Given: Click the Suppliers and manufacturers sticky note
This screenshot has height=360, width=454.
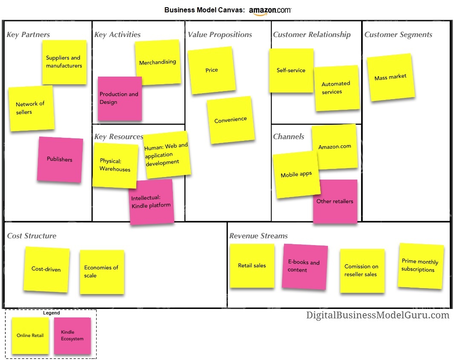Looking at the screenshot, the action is click(x=64, y=62).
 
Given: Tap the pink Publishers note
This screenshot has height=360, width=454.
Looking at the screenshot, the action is click(x=60, y=159).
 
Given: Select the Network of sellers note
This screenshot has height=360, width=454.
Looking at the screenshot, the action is click(x=31, y=108).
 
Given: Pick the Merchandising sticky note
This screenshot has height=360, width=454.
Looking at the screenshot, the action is click(x=158, y=62).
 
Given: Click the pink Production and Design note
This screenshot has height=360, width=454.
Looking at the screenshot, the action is click(x=119, y=98).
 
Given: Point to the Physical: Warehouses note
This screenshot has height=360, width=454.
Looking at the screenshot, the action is click(x=115, y=165).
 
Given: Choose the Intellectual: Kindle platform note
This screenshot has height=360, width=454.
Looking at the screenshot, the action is click(x=151, y=202).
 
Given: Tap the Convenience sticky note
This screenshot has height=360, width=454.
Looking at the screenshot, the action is click(x=230, y=120).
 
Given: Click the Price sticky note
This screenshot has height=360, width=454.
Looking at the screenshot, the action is click(x=212, y=70).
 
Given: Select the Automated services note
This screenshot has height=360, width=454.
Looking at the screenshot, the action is click(x=336, y=88).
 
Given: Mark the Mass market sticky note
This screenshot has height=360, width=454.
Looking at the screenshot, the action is click(x=391, y=77).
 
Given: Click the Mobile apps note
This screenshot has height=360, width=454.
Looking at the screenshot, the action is click(x=296, y=174).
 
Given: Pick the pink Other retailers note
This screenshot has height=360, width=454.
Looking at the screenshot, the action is click(x=335, y=201).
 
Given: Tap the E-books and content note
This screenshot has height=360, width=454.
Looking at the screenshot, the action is click(x=304, y=266).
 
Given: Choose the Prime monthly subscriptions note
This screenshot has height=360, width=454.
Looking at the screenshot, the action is click(x=420, y=266).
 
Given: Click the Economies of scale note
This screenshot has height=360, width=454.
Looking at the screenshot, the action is click(x=102, y=271).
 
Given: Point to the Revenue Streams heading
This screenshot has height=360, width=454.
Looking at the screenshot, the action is click(x=259, y=236).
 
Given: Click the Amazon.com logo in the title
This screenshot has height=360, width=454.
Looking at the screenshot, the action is click(x=270, y=11).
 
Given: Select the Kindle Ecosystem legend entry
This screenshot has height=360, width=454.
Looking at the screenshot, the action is click(x=72, y=335).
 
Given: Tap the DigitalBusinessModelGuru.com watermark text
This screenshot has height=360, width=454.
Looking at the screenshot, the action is click(x=378, y=315).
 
